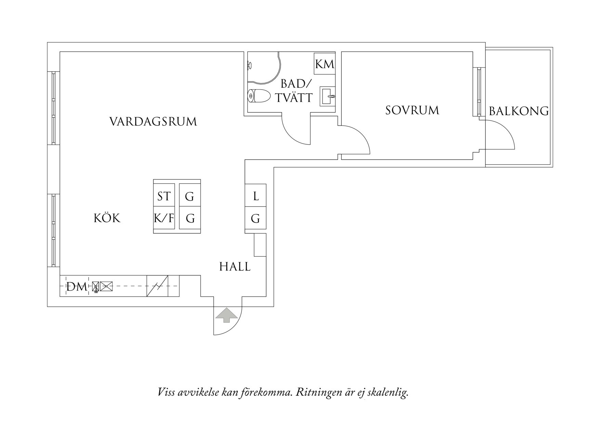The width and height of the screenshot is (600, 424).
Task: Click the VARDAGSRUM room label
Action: [x=153, y=122]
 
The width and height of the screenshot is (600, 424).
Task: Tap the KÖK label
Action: [x=107, y=218]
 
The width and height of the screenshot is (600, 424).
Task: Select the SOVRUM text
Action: [x=412, y=110]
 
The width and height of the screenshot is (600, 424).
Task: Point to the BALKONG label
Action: [x=519, y=111]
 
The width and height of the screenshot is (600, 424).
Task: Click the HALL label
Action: [x=235, y=267]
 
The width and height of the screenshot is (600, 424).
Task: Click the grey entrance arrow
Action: [x=226, y=315]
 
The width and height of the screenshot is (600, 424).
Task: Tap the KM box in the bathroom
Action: [x=324, y=64]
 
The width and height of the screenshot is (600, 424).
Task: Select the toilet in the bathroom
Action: [x=259, y=96]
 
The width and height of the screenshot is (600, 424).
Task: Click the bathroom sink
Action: [x=328, y=96]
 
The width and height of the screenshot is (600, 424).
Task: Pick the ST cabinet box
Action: [x=164, y=196]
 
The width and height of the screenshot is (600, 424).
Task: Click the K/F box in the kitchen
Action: [x=164, y=218]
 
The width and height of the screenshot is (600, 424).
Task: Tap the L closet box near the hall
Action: [x=256, y=196]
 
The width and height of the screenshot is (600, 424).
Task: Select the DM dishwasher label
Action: [x=77, y=287]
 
